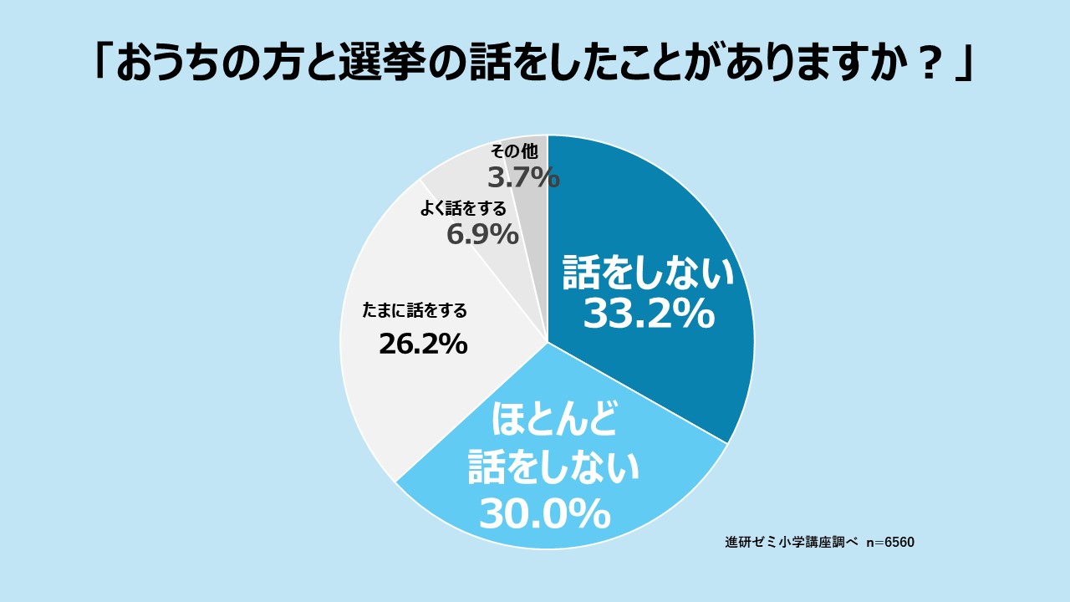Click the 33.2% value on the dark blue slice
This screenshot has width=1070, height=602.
click(x=648, y=314)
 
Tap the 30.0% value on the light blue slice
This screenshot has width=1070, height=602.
click(x=544, y=513)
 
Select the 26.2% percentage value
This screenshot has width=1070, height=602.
click(x=422, y=344)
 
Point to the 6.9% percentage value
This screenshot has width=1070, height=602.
click(x=482, y=235)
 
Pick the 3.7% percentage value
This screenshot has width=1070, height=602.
click(x=523, y=177)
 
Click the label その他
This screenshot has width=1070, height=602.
click(x=515, y=151)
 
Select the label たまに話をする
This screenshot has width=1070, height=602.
click(x=415, y=311)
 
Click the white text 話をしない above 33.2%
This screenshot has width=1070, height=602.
click(x=648, y=273)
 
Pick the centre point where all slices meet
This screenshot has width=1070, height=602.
click(x=548, y=342)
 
